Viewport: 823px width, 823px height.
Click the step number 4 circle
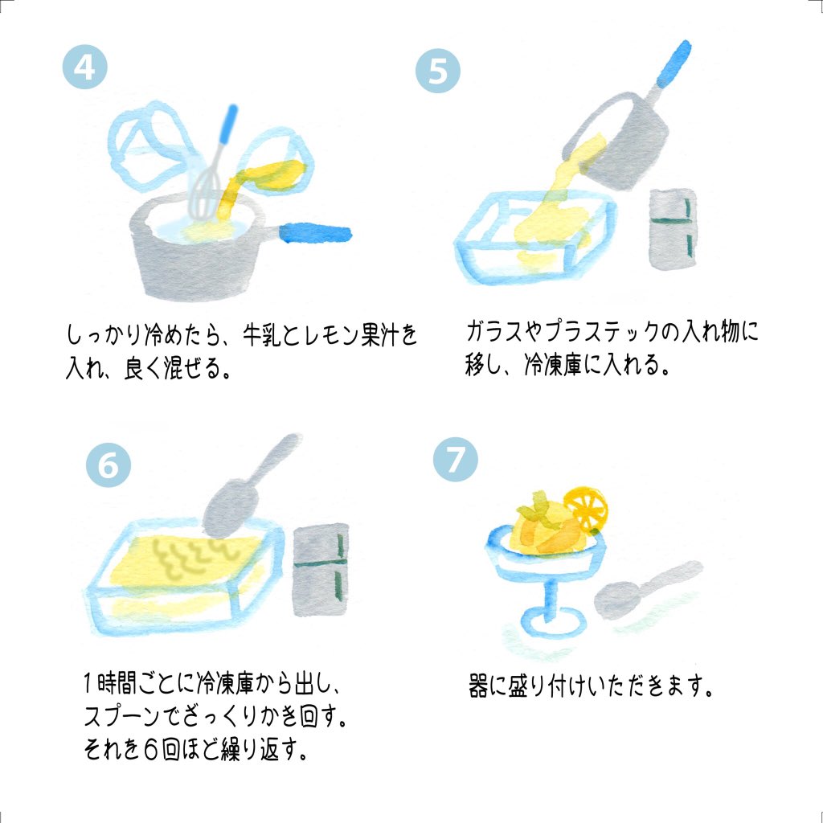tap(84, 67)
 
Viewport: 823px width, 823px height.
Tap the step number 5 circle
tap(438, 71)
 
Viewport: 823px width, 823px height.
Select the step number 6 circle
tap(109, 465)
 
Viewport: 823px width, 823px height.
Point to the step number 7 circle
tap(455, 459)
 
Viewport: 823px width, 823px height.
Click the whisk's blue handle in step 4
tap(229, 124)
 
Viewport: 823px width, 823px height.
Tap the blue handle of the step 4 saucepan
tap(315, 233)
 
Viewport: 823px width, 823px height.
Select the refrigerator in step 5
tap(674, 229)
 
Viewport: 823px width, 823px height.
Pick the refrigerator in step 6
tap(321, 570)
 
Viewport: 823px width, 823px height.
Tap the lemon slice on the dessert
tap(586, 508)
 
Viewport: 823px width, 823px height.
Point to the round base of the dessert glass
tap(553, 622)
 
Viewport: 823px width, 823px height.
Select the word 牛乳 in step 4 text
tap(263, 334)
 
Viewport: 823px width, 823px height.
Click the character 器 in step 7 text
tap(478, 686)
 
